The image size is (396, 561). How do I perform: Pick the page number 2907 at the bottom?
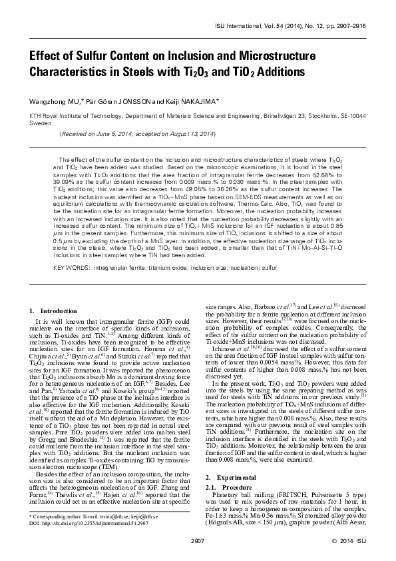point(198,540)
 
